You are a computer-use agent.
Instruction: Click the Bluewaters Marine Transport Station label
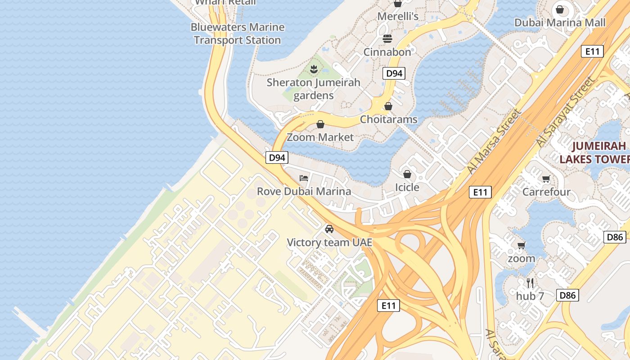238,34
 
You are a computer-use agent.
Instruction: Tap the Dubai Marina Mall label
560,22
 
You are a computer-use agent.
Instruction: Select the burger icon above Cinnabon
387,39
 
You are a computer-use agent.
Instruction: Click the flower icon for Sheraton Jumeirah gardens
314,69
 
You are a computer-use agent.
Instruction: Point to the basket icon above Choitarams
388,107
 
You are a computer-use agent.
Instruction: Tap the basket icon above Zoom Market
320,124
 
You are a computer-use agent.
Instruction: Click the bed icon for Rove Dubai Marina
304,178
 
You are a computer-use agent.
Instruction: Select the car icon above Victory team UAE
329,229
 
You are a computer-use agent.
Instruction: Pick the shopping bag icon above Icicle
407,174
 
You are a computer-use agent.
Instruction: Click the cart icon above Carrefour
546,179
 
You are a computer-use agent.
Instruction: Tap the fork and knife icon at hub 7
530,283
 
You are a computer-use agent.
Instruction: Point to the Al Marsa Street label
494,141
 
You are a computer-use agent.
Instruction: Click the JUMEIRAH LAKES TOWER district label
594,153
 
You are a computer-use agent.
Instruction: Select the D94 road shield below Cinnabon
394,73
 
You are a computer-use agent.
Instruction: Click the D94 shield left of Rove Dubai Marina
277,157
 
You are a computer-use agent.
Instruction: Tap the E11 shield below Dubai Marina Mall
592,51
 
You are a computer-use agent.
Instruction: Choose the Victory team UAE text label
330,243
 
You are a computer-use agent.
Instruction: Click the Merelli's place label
398,17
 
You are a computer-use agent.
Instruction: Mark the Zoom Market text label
320,137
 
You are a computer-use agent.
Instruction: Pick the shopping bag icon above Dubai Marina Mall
560,9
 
